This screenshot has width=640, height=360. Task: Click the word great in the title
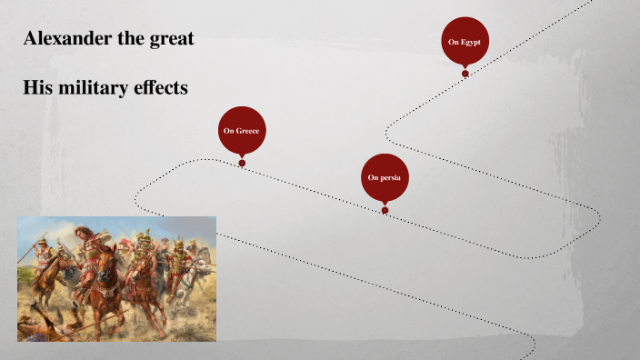tap(167, 39)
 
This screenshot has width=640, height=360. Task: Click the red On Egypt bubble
tap(465, 40)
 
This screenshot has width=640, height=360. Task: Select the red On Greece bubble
tap(241, 130)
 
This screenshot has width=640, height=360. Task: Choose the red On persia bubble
tap(385, 176)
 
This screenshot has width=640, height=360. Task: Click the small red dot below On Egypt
tap(465, 73)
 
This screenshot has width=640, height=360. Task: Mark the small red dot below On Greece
tap(242, 164)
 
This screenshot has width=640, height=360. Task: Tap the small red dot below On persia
tap(385, 210)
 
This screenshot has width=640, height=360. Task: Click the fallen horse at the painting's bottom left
tap(41, 323)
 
